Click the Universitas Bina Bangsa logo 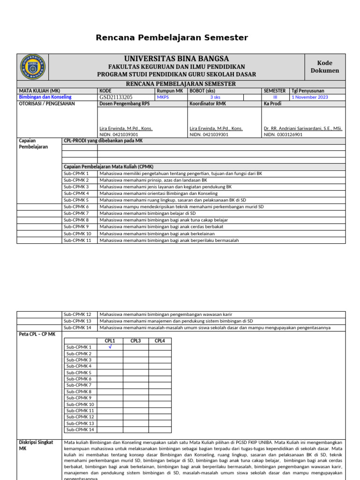[33, 67]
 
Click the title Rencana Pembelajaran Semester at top [172, 37]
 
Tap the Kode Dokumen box [324, 67]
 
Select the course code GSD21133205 [119, 97]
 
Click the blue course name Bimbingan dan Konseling [45, 97]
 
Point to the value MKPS [163, 97]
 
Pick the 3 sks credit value [216, 97]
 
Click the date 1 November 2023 [310, 97]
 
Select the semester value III [275, 97]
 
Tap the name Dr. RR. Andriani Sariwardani [303, 128]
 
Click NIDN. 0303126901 [283, 134]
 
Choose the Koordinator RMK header [208, 104]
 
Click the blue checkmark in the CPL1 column [110, 347]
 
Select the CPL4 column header [159, 341]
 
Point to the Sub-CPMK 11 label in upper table [78, 240]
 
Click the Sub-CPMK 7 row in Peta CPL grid [79, 385]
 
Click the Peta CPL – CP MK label [37, 334]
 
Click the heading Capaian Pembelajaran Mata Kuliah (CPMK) [108, 166]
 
